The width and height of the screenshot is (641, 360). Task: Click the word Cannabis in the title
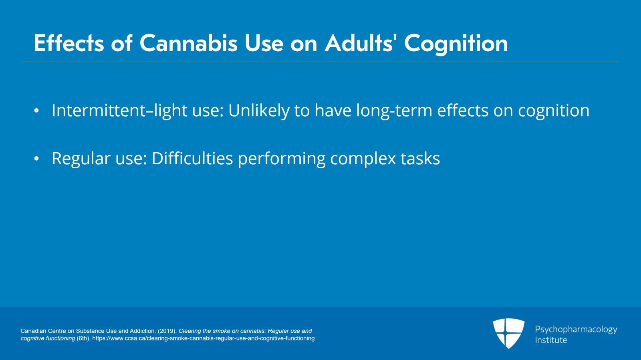pyautogui.click(x=189, y=43)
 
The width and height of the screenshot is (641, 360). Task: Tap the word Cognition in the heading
pyautogui.click(x=456, y=44)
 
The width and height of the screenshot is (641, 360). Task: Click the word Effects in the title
pyautogui.click(x=69, y=42)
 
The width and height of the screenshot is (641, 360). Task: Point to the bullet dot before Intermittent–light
pyautogui.click(x=36, y=111)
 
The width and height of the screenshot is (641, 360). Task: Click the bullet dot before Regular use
pyautogui.click(x=36, y=159)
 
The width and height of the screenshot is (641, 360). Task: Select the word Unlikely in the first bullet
pyautogui.click(x=259, y=111)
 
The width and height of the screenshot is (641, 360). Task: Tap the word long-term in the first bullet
pyautogui.click(x=394, y=111)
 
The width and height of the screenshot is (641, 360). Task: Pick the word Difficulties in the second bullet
pyautogui.click(x=192, y=159)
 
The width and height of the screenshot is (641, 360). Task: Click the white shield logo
pyautogui.click(x=508, y=333)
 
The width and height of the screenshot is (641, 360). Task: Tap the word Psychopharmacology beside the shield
pyautogui.click(x=576, y=330)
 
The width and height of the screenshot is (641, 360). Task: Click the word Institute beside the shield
pyautogui.click(x=551, y=340)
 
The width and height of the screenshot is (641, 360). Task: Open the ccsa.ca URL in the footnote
pyautogui.click(x=204, y=338)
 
